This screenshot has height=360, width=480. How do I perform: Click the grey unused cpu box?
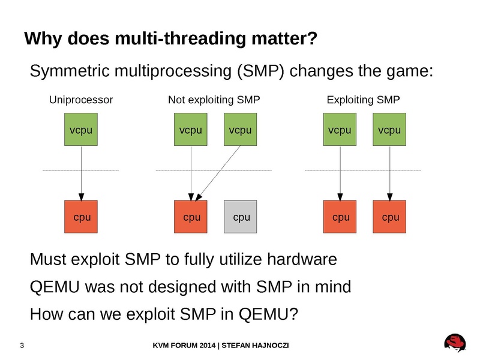click(241, 217)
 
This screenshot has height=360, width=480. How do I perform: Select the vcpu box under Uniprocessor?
click(81, 129)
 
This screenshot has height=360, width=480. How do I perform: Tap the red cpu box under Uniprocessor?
click(81, 217)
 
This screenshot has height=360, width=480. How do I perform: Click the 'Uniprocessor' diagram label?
click(81, 100)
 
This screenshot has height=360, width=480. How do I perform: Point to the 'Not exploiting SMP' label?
click(214, 100)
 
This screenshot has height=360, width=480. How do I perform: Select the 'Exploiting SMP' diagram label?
click(364, 100)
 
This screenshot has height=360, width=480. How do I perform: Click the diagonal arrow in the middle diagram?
click(218, 173)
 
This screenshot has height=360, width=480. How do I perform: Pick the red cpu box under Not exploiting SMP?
click(191, 217)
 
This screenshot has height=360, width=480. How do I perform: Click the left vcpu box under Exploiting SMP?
click(340, 129)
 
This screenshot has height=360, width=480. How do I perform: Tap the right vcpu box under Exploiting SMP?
click(389, 129)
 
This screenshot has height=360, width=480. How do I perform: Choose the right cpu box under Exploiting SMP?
click(389, 217)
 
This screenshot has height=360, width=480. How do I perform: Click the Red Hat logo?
click(455, 343)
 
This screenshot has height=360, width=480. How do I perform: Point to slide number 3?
click(22, 346)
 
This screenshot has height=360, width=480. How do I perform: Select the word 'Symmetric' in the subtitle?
click(70, 71)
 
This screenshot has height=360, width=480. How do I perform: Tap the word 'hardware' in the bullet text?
click(302, 259)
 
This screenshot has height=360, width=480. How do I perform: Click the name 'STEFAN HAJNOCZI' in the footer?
click(255, 346)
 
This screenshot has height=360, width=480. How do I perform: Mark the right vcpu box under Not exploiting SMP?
click(241, 129)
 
